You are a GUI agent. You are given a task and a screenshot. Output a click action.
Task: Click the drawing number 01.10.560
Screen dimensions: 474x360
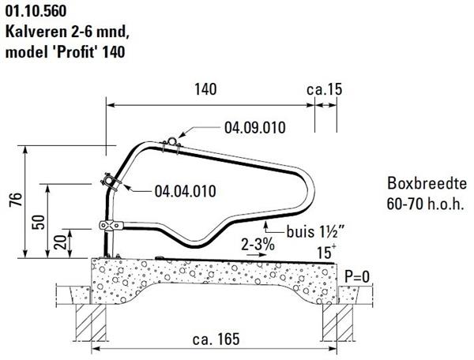tap(36, 12)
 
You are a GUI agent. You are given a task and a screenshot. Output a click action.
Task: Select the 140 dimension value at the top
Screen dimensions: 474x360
tap(205, 89)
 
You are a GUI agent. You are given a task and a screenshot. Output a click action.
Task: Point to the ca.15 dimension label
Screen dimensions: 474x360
tap(325, 89)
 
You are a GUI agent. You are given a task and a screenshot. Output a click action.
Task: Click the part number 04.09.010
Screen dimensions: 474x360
tap(255, 128)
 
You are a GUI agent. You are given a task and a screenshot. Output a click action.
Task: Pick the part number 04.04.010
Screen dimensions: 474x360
tap(186, 191)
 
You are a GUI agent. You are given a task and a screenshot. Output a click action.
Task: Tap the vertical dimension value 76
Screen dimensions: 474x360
tap(16, 200)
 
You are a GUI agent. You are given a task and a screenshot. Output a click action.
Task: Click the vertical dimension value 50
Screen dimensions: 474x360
tap(39, 222)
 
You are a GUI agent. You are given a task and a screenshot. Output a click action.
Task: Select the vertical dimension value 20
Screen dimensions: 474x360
tap(60, 242)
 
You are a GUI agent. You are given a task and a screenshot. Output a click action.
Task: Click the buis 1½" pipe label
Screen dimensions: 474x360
tap(316, 232)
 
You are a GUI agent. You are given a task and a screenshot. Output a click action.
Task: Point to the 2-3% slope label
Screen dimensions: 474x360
tap(258, 244)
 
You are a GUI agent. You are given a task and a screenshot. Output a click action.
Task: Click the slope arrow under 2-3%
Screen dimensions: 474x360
tap(257, 255)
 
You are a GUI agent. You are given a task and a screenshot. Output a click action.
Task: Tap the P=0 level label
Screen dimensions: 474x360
tap(357, 276)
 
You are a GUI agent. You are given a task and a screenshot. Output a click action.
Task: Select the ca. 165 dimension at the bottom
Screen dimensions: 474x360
tap(216, 339)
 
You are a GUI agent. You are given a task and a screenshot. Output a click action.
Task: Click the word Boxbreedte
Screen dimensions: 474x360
tap(427, 183)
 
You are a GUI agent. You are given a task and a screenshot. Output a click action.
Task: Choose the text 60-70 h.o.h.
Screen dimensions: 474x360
tap(425, 204)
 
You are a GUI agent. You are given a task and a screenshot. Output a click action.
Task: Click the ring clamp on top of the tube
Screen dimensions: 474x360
tap(171, 142)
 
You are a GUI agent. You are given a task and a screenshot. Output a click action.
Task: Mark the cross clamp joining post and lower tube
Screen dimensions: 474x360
tap(111, 225)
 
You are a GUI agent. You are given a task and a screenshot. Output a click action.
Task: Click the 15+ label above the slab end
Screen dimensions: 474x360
tap(325, 252)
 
